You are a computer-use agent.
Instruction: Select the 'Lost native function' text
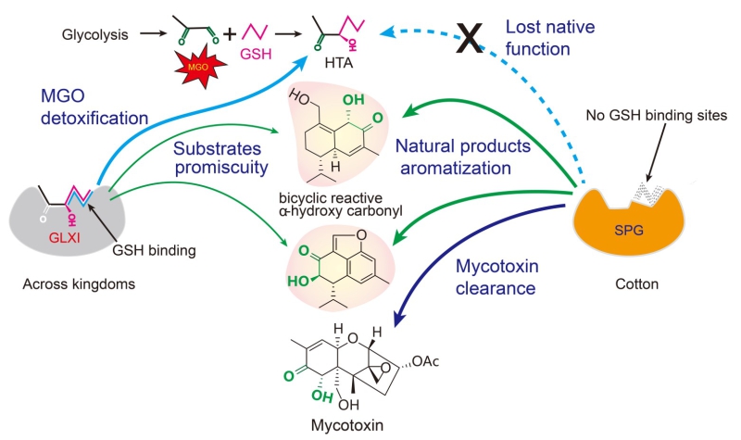pos(550,37)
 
